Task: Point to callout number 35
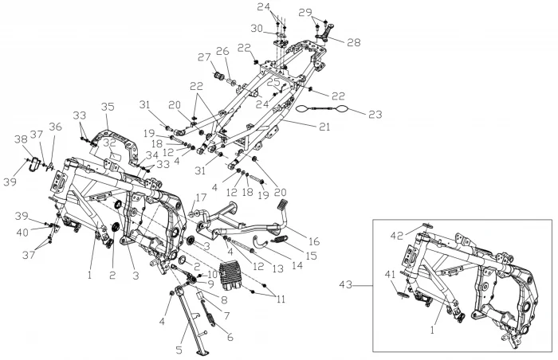pyautogui.click(x=108, y=106)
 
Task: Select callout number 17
pyautogui.click(x=200, y=197)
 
